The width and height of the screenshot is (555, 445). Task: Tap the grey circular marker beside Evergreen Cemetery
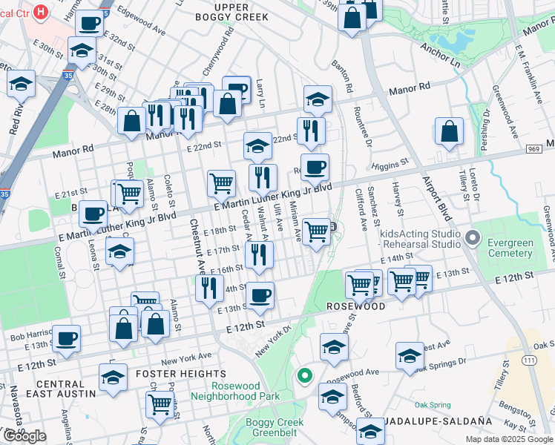[x=473, y=240]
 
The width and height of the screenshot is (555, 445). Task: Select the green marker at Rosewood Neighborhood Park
[x=304, y=376]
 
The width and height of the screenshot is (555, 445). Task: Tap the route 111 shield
[x=528, y=360]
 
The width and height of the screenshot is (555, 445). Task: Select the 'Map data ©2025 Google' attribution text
[x=508, y=439]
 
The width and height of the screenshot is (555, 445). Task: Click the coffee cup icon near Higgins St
[x=315, y=167]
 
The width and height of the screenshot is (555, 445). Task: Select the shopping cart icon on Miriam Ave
[x=317, y=231]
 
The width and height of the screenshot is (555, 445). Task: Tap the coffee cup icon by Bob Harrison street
[x=66, y=337]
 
